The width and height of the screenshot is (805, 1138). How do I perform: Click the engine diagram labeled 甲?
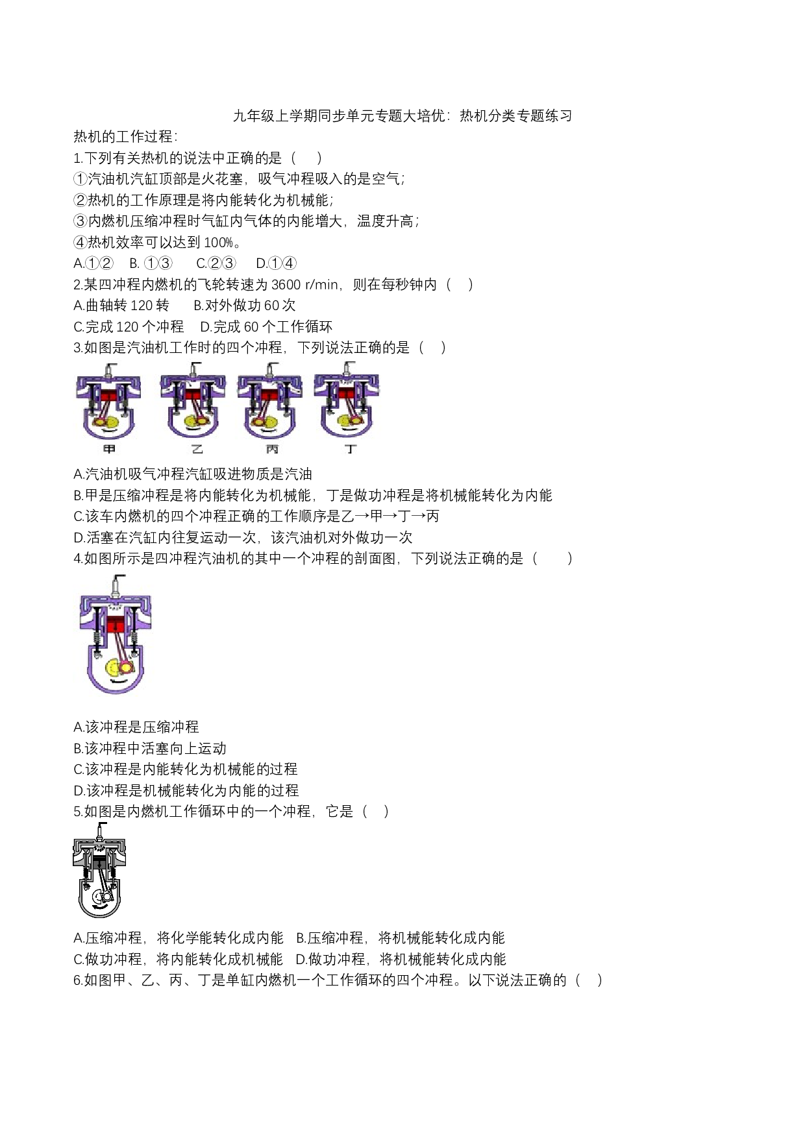pyautogui.click(x=108, y=402)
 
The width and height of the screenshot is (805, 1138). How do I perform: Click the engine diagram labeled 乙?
pyautogui.click(x=193, y=402)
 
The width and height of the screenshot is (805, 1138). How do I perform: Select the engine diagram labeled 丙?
pyautogui.click(x=270, y=402)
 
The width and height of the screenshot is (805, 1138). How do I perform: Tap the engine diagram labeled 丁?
pyautogui.click(x=347, y=402)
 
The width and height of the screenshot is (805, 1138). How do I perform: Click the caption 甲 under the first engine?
pyautogui.click(x=109, y=449)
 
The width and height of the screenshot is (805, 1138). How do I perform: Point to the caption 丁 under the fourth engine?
pyautogui.click(x=351, y=449)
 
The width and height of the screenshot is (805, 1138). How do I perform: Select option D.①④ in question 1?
pyautogui.click(x=277, y=263)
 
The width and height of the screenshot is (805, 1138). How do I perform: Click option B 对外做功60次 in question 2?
pyautogui.click(x=245, y=306)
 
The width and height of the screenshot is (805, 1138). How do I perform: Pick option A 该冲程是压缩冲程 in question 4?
pyautogui.click(x=136, y=727)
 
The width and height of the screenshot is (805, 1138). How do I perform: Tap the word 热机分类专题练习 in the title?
pyautogui.click(x=516, y=116)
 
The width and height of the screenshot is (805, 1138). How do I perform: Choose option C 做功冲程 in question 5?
pyautogui.click(x=179, y=960)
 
